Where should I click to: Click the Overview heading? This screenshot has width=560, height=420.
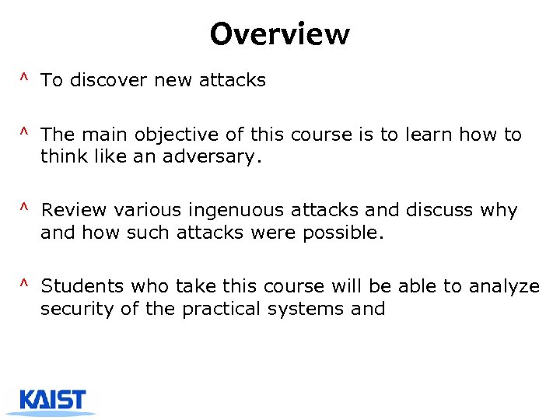279,34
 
